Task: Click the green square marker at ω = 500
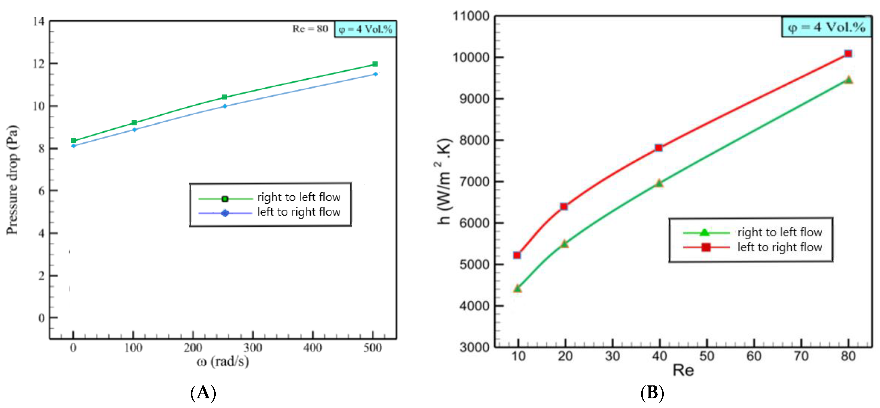(375, 64)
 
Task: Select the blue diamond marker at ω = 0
(73, 146)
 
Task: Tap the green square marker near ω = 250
(224, 97)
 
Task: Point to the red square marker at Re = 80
(848, 54)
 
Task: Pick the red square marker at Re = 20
(564, 206)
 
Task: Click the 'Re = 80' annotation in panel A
(310, 29)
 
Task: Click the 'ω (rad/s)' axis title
(223, 361)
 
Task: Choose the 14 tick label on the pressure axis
(39, 21)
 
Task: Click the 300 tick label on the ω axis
(252, 348)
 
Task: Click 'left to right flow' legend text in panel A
(298, 212)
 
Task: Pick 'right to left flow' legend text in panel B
(780, 232)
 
